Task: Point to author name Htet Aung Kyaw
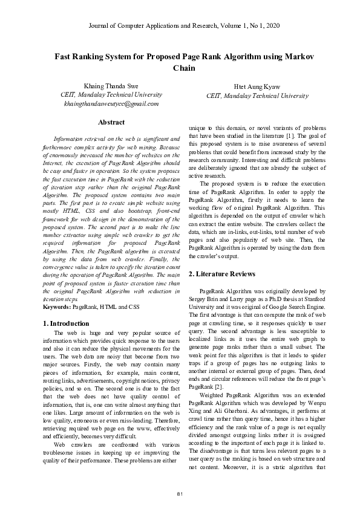tap(257, 86)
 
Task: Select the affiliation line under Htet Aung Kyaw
tap(257, 96)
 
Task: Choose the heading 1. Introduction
tap(67, 323)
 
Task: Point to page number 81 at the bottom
tap(180, 495)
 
